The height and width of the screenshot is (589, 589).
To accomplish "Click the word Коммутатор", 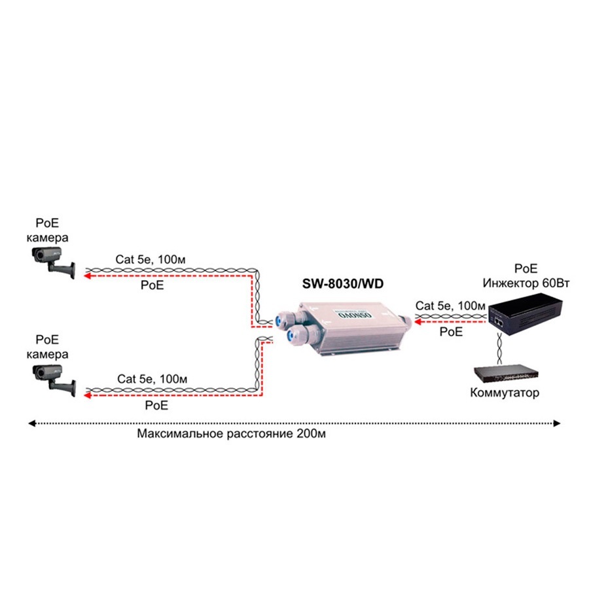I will pos(505,393).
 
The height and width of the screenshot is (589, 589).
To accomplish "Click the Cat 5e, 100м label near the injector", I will pos(450,306).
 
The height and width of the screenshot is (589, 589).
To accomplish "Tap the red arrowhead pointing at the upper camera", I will pos(86,276).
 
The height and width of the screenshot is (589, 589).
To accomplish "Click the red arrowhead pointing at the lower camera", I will pos(86,395).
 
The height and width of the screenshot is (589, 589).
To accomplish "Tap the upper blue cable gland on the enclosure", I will pos(282,318).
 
